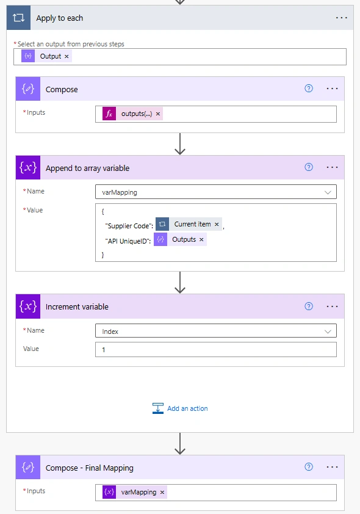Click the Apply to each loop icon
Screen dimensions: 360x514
[x=18, y=18]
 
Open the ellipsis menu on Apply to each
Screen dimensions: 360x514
[x=341, y=18]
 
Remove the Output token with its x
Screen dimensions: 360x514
[x=67, y=56]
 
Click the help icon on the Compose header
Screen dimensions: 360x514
[x=309, y=89]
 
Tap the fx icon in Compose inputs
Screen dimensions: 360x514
[x=109, y=114]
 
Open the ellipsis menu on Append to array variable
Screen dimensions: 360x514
[x=332, y=167]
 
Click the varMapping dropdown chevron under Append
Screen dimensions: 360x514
[x=328, y=192]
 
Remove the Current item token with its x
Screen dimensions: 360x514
[x=217, y=224]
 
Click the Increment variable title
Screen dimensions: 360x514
[x=77, y=306]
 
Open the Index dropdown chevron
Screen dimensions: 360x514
[x=328, y=331]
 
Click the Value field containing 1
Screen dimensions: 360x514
[x=216, y=349]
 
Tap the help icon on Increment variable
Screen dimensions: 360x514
[x=309, y=306]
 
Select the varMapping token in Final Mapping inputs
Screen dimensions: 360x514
[x=135, y=492]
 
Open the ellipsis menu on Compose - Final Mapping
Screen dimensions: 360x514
[x=332, y=467]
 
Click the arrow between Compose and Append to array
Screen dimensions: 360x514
[x=180, y=143]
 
